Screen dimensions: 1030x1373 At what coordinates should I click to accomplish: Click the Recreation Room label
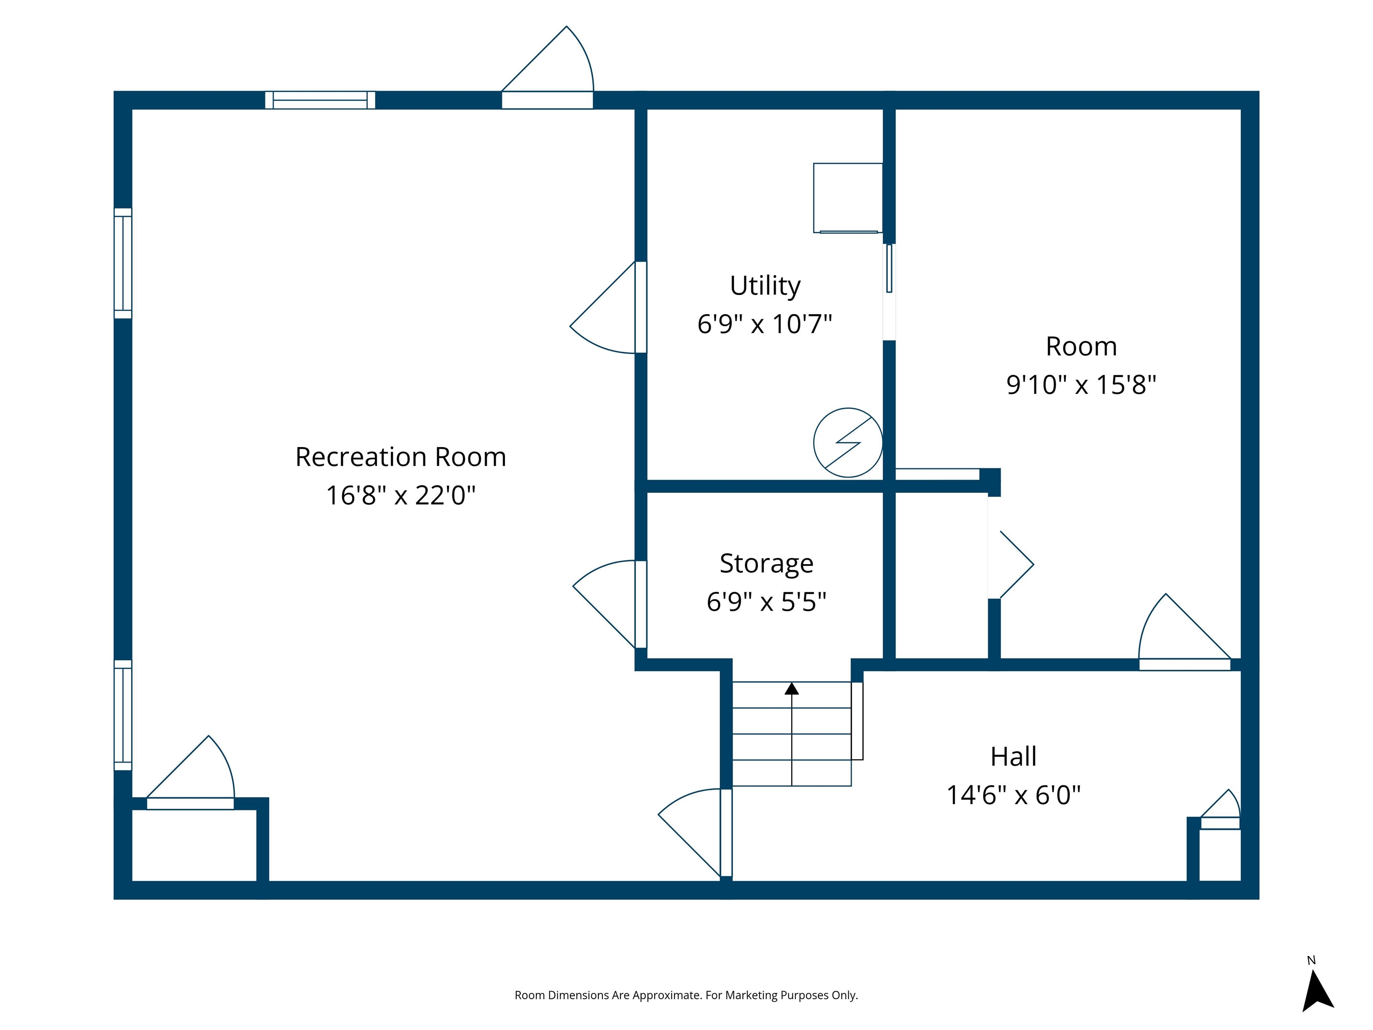click(x=400, y=457)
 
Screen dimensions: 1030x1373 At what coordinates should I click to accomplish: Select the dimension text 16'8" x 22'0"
click(x=400, y=495)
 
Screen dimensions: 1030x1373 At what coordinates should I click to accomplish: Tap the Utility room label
click(x=765, y=286)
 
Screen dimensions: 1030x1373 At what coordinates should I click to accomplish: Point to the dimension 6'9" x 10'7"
click(x=765, y=324)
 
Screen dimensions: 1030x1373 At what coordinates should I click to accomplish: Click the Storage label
click(x=766, y=563)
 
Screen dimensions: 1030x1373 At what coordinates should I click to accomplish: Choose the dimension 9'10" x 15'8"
click(x=1081, y=385)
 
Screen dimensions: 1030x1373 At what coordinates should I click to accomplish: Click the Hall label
click(x=1013, y=756)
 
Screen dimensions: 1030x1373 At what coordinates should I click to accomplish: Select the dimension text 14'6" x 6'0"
click(x=1013, y=795)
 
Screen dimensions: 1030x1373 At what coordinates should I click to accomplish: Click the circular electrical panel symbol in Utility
click(x=847, y=443)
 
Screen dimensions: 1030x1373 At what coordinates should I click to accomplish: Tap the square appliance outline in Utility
click(x=847, y=198)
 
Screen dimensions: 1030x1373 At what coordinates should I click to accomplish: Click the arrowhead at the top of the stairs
click(x=792, y=688)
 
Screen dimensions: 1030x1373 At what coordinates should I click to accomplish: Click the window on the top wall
click(x=320, y=100)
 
